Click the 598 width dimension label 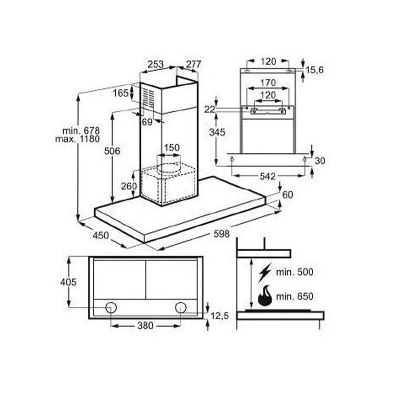click(221, 234)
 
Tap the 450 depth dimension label click(101, 235)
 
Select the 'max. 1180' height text click(77, 139)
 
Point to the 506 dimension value click(112, 151)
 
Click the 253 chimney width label click(155, 64)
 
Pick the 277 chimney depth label click(193, 64)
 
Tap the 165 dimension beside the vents click(121, 93)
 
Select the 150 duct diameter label click(172, 148)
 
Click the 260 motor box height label click(129, 186)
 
